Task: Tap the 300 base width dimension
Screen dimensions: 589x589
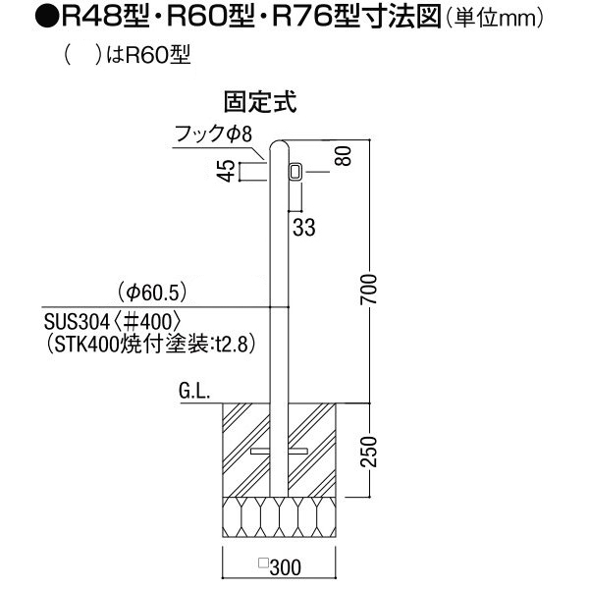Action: click(x=282, y=566)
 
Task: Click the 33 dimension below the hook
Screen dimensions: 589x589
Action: click(x=304, y=228)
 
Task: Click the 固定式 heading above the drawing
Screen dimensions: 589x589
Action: click(x=262, y=100)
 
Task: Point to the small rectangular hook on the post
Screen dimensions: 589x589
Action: click(x=294, y=173)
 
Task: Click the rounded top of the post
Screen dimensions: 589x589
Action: click(x=281, y=147)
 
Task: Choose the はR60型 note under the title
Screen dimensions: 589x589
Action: click(x=147, y=56)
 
